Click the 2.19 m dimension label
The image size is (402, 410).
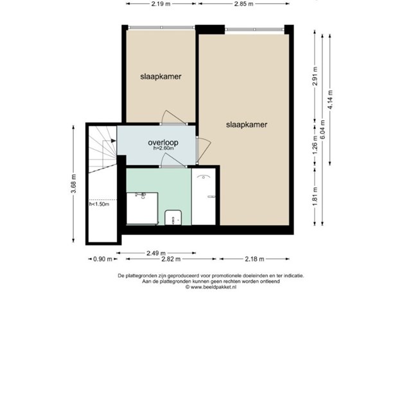pos(161,4)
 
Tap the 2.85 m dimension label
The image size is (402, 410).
pos(243,4)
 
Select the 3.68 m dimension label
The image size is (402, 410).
pos(74,184)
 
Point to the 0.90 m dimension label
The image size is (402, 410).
pos(103,259)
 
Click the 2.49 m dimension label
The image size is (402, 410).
pos(156,253)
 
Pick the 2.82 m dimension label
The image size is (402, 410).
pos(171,259)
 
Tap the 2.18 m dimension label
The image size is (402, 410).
pos(254,259)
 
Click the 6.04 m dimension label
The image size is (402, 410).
pos(322,129)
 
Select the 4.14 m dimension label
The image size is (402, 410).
pos(330,100)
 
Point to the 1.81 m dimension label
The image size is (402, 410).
pos(315,196)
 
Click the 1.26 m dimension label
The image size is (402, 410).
pos(315,145)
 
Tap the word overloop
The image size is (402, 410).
pos(163,142)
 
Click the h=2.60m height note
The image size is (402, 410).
pos(164,148)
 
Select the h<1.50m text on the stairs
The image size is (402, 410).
pos(100,204)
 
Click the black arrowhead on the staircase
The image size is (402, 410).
pos(114,141)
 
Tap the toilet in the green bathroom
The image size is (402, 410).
pos(173,218)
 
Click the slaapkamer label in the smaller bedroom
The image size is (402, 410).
pos(161,77)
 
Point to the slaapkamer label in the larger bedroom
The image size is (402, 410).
pos(247,125)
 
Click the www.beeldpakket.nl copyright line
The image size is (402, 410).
pos(211,287)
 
